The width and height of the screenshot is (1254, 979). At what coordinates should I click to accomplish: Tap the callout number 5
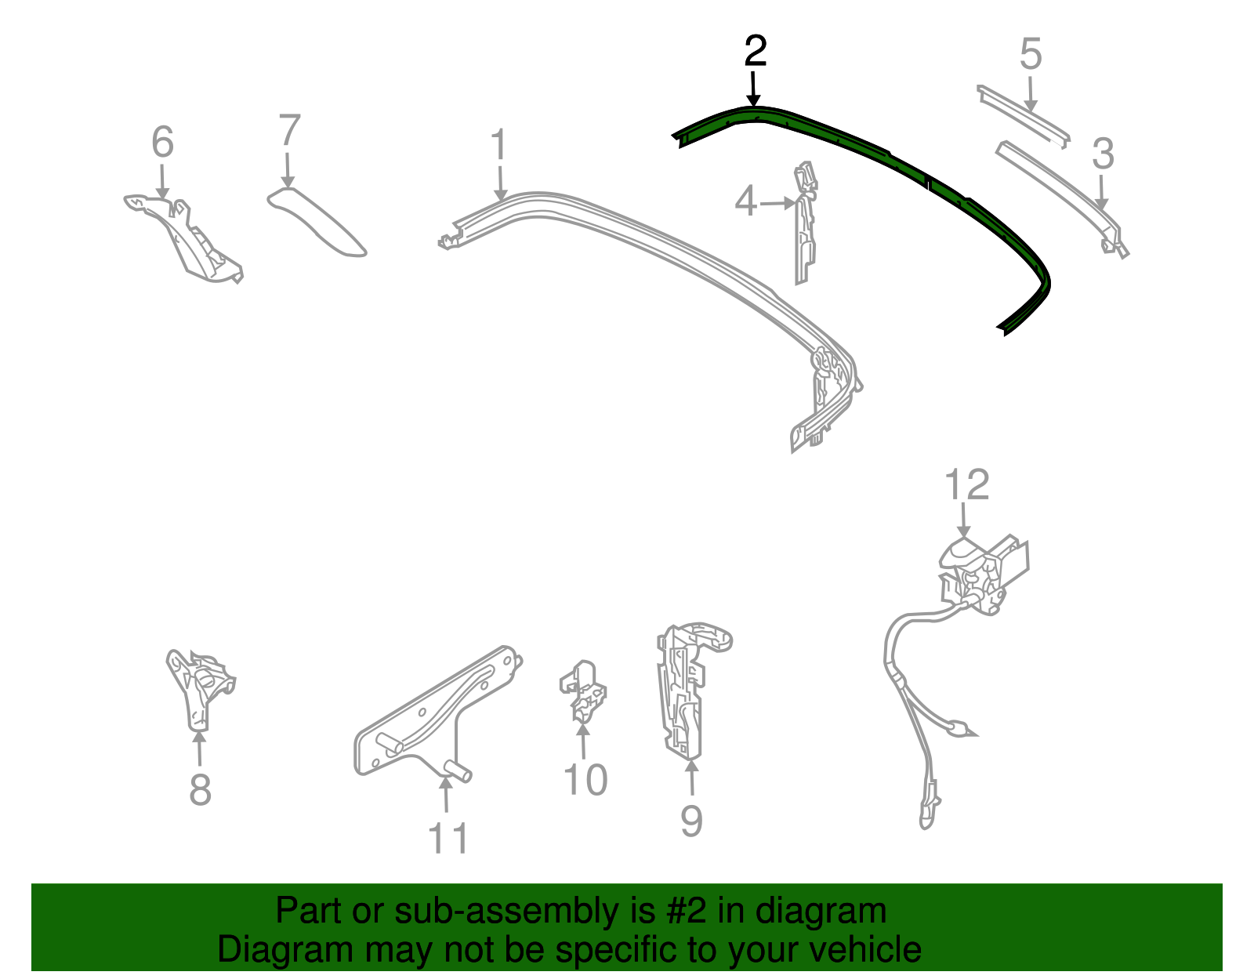(x=1031, y=55)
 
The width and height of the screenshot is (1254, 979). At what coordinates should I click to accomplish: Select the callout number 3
(x=1103, y=154)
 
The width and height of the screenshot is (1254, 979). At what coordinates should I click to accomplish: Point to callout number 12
(x=967, y=485)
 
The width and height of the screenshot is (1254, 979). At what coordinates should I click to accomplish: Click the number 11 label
(x=448, y=838)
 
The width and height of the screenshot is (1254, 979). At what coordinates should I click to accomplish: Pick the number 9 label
(x=690, y=821)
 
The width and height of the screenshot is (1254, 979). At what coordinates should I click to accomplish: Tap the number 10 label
(x=585, y=780)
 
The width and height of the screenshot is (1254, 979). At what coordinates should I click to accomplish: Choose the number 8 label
(x=200, y=789)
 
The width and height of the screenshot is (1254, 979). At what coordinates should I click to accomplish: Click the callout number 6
(x=162, y=143)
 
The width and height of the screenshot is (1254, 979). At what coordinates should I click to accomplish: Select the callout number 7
(x=289, y=131)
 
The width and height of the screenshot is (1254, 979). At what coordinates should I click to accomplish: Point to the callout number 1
(x=498, y=147)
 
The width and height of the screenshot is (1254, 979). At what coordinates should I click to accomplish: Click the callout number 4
(x=745, y=202)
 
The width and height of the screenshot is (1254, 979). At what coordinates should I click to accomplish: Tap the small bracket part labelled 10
(x=582, y=690)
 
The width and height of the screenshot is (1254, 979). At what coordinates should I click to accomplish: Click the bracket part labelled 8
(x=198, y=686)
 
